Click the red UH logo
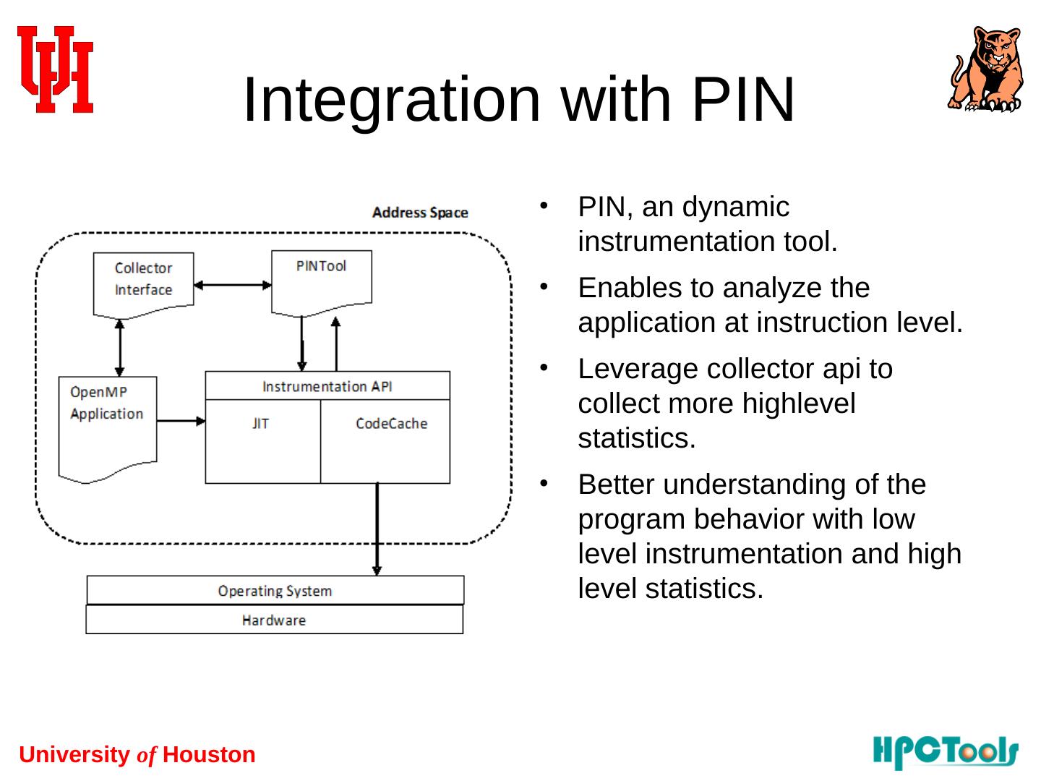55,69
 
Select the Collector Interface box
143,282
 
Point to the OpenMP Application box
107,423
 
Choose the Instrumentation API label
327,386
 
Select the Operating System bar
275,590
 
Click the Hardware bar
274,620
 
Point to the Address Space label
420,213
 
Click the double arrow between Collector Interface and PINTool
232,285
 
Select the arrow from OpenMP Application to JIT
181,421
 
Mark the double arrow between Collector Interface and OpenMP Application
120,347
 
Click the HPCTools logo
946,752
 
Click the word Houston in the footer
209,755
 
